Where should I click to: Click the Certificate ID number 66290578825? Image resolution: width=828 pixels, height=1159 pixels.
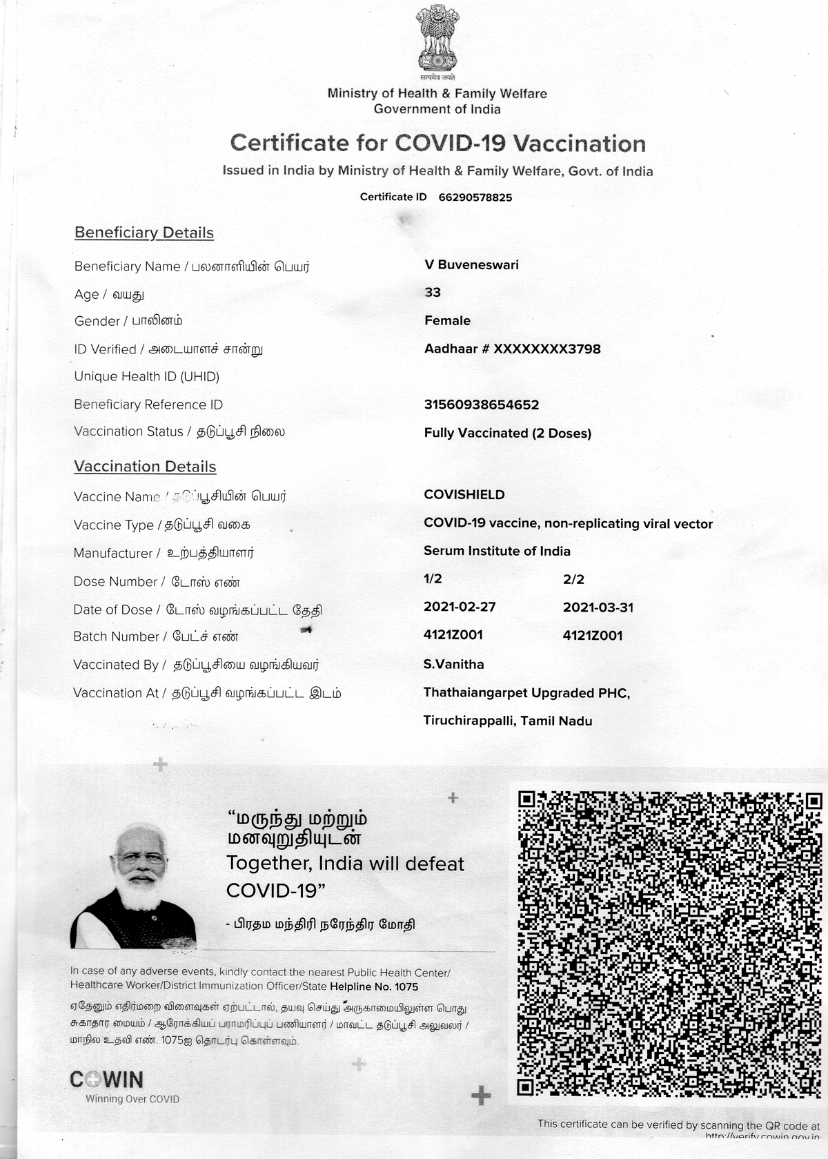point(475,197)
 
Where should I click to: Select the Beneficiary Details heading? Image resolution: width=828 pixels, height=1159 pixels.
point(144,233)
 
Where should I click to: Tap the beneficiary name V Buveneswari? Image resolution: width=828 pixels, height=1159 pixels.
point(471,265)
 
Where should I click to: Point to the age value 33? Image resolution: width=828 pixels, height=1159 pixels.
point(433,293)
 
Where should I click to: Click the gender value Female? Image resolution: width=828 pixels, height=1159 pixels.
point(447,320)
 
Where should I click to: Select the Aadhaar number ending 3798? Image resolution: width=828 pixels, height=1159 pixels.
point(512,349)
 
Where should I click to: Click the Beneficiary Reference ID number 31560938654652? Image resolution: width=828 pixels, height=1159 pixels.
point(481,405)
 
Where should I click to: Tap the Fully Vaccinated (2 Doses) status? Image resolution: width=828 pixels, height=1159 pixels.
point(507,434)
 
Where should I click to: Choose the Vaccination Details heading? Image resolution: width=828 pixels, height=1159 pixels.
point(145,467)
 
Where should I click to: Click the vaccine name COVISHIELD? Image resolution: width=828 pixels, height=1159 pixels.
point(464,495)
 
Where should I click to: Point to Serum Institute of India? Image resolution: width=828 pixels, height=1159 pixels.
point(497,551)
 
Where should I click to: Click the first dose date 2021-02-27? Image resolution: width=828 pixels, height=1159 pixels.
point(460,607)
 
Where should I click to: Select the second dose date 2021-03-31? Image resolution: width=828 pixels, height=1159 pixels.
point(598,607)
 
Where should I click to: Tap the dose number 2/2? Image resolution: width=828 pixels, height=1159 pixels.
point(573,579)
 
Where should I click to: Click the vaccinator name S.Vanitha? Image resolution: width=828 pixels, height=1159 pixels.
point(453,664)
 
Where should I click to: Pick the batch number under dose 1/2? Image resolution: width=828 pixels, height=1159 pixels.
point(453,635)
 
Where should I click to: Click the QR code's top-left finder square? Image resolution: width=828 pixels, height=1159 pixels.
point(527,800)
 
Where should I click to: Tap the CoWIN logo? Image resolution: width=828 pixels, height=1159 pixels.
point(107,1080)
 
